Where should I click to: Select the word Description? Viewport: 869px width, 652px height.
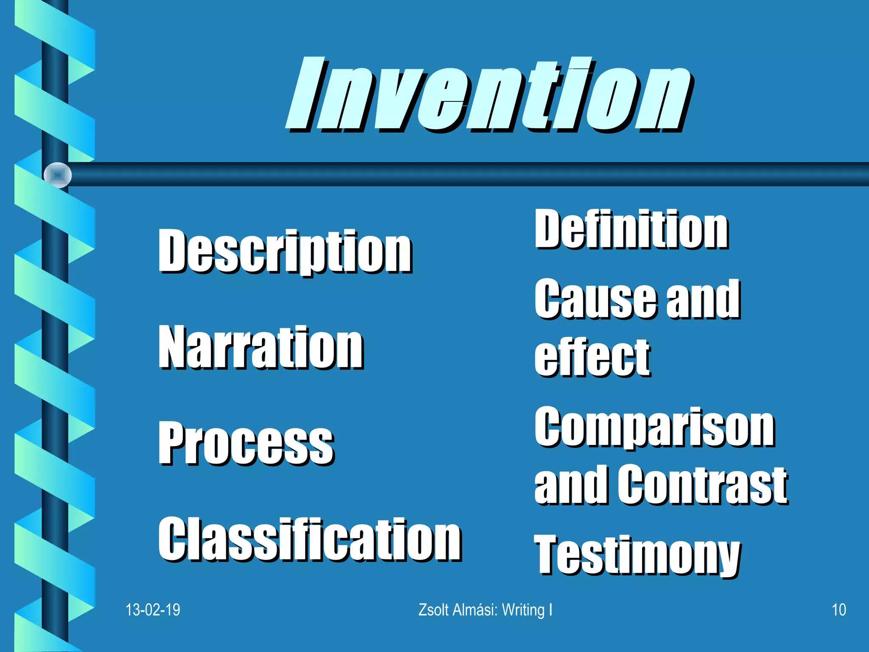tap(285, 251)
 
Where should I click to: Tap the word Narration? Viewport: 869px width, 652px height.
tap(261, 347)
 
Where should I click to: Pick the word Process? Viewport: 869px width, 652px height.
tap(246, 443)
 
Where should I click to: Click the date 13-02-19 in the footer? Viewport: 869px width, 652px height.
tap(153, 610)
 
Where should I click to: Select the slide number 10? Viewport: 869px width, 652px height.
tap(838, 610)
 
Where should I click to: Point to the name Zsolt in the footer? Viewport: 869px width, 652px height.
tap(434, 610)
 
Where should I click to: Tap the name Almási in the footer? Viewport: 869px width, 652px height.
tap(475, 610)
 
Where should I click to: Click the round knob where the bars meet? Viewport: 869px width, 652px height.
tap(58, 175)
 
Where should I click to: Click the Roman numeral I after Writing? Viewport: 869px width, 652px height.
tap(551, 610)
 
